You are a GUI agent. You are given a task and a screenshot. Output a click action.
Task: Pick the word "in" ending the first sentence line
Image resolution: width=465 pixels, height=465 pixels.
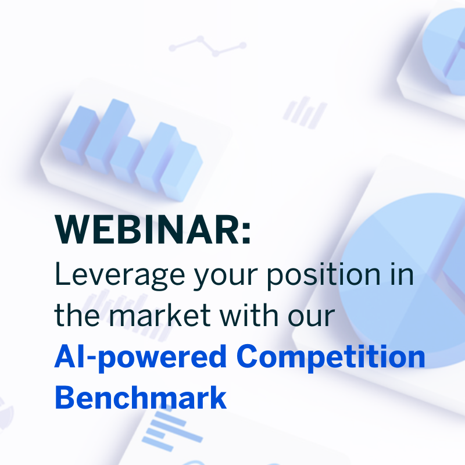pos(403,274)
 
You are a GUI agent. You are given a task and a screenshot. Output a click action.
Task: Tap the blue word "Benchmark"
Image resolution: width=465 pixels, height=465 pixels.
pos(140,397)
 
